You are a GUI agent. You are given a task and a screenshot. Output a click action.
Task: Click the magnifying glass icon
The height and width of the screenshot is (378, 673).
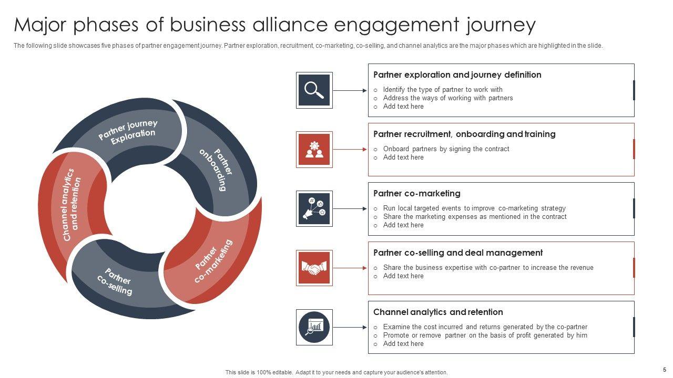pyautogui.click(x=314, y=90)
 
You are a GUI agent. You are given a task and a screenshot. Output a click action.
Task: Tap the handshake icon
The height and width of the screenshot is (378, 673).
pyautogui.click(x=314, y=268)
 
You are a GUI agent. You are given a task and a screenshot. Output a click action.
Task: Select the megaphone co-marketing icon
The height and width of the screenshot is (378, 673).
pyautogui.click(x=314, y=209)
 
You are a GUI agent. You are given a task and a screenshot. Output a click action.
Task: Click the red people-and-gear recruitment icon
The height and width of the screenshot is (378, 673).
pyautogui.click(x=314, y=150)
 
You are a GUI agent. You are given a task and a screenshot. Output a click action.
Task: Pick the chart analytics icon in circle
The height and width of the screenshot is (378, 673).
pyautogui.click(x=314, y=328)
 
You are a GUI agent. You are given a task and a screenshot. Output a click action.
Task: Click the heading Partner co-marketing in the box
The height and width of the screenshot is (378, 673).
pyautogui.click(x=416, y=193)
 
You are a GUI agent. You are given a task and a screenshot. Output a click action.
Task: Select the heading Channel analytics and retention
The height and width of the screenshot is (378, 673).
pyautogui.click(x=438, y=312)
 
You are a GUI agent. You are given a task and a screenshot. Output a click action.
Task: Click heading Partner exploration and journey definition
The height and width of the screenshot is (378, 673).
pyautogui.click(x=457, y=75)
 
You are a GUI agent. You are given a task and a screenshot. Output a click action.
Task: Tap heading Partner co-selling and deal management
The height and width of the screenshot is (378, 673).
pyautogui.click(x=457, y=253)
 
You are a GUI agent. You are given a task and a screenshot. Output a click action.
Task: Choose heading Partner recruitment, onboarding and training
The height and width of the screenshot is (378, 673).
pyautogui.click(x=464, y=134)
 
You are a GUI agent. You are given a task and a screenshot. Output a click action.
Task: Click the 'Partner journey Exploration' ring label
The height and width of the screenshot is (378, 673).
pyautogui.click(x=127, y=129)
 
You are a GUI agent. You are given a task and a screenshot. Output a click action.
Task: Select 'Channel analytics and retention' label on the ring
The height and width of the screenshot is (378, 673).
pyautogui.click(x=72, y=205)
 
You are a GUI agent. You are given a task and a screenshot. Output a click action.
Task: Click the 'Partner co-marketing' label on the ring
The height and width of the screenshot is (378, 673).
pyautogui.click(x=213, y=261)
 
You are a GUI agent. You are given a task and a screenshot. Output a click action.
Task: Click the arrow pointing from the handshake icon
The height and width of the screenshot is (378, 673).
pyautogui.click(x=350, y=268)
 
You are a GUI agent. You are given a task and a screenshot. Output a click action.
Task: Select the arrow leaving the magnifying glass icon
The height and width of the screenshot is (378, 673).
pyautogui.click(x=350, y=90)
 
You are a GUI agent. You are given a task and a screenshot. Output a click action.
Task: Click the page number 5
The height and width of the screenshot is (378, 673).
pyautogui.click(x=664, y=370)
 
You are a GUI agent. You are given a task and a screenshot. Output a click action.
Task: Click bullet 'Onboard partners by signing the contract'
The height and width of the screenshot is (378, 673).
pyautogui.click(x=446, y=149)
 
